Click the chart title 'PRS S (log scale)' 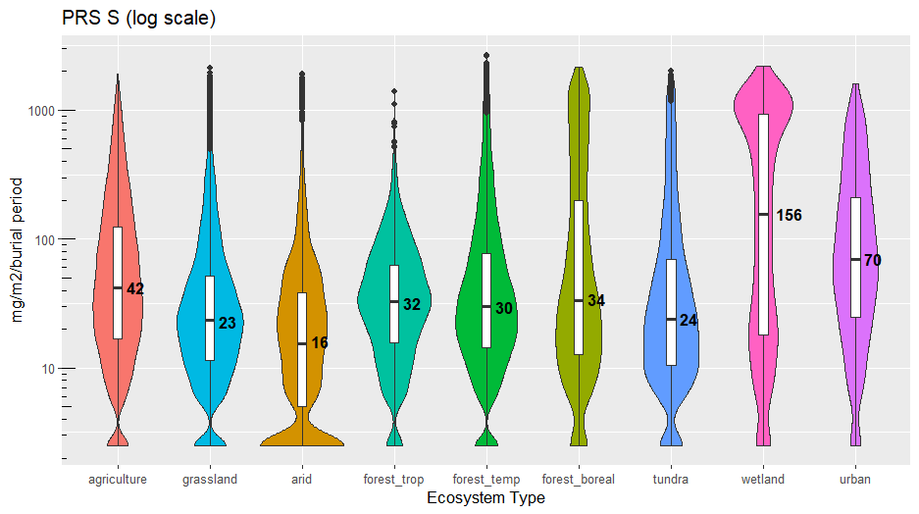pyautogui.click(x=138, y=19)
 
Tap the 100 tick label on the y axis pyautogui.click(x=41, y=239)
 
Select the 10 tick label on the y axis pyautogui.click(x=45, y=369)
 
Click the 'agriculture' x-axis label pyautogui.click(x=118, y=480)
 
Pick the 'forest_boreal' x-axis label pyautogui.click(x=579, y=480)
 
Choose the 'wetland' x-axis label pyautogui.click(x=763, y=480)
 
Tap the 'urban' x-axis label pyautogui.click(x=855, y=480)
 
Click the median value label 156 pyautogui.click(x=789, y=215)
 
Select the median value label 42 pyautogui.click(x=135, y=288)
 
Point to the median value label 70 pyautogui.click(x=873, y=260)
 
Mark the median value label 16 pyautogui.click(x=320, y=343)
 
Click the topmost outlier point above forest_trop pyautogui.click(x=394, y=91)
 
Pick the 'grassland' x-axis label pyautogui.click(x=210, y=480)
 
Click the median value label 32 pyautogui.click(x=412, y=305)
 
